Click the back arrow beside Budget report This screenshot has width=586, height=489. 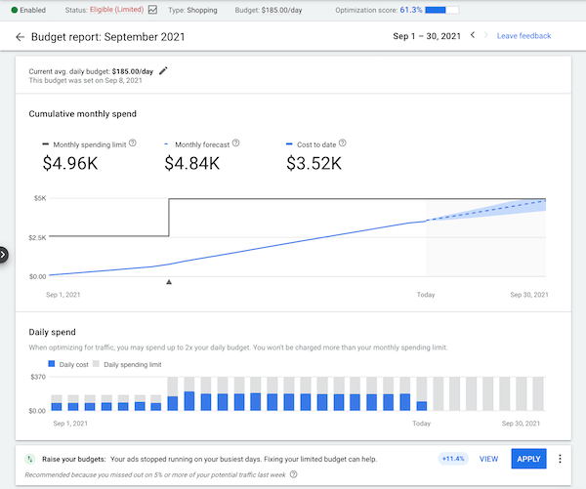(20, 37)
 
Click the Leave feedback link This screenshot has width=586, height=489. (523, 36)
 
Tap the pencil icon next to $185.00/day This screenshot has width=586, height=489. (163, 70)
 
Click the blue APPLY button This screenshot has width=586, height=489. (528, 459)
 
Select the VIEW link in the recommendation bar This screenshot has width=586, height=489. (488, 459)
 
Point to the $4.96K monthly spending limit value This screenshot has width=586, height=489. (71, 163)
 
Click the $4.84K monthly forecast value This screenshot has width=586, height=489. (192, 163)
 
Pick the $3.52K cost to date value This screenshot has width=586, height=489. (314, 163)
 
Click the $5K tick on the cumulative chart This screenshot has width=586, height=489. (38, 198)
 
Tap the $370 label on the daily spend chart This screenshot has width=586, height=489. (39, 376)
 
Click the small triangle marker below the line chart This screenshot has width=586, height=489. (169, 282)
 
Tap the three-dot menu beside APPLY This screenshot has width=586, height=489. (560, 459)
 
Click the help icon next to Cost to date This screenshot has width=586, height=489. (343, 143)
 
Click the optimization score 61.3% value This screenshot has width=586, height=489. (410, 10)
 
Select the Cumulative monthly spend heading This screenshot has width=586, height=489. (82, 113)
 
